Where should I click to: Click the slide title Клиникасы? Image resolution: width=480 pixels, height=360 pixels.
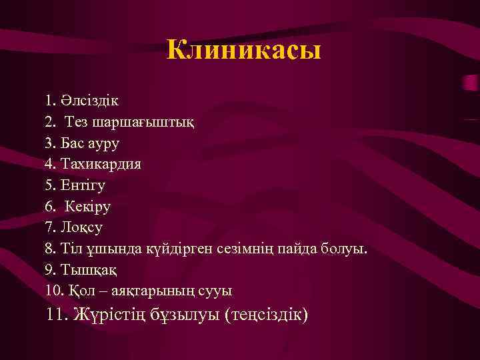click(243, 50)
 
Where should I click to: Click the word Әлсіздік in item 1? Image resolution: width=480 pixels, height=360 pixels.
click(91, 101)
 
